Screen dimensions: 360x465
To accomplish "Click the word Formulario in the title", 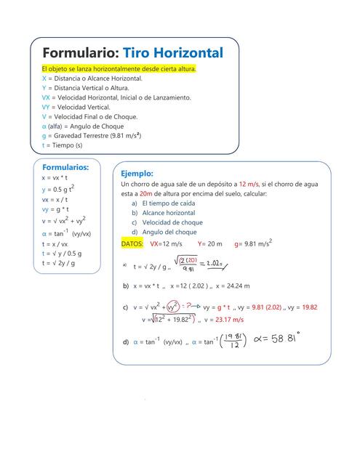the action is (80, 53).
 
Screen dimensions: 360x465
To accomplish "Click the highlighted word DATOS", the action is (132, 244).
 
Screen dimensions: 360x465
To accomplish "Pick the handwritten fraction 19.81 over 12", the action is (233, 341).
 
